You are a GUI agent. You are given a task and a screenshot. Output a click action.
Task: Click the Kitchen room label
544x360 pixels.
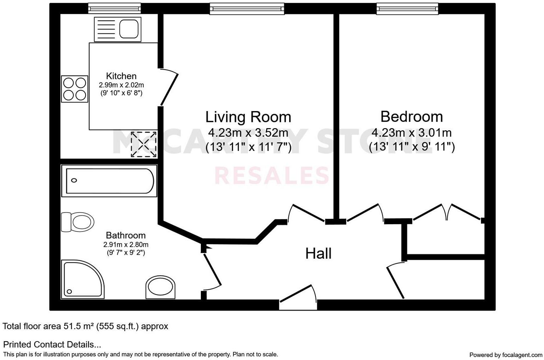pyautogui.click(x=121, y=76)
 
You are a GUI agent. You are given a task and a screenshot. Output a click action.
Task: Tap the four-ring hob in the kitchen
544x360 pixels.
pyautogui.click(x=75, y=89)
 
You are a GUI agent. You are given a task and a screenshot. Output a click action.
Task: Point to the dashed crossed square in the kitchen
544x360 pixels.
pyautogui.click(x=144, y=144)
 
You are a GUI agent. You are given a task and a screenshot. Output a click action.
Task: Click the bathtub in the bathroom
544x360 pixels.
pyautogui.click(x=109, y=181)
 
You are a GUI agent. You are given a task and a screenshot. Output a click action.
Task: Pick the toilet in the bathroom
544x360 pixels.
pyautogui.click(x=78, y=222)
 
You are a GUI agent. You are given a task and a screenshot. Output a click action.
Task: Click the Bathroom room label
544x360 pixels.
pyautogui.click(x=125, y=236)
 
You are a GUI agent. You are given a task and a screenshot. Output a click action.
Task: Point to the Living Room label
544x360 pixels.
pyautogui.click(x=248, y=117)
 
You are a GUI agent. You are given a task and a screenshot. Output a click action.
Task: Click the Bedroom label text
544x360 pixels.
pyautogui.click(x=412, y=117)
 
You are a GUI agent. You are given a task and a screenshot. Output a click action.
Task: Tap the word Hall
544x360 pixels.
pyautogui.click(x=318, y=254)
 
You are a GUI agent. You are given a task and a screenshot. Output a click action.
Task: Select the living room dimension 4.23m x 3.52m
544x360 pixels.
pyautogui.click(x=248, y=133)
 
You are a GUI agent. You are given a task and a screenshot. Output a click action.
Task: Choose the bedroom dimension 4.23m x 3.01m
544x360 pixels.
pyautogui.click(x=412, y=133)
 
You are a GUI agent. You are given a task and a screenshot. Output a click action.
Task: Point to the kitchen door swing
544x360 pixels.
pyautogui.click(x=169, y=87)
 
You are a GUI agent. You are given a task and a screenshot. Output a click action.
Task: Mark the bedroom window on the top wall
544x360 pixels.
pyautogui.click(x=407, y=9)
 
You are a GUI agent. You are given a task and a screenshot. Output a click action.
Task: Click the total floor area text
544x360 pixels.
pyautogui.click(x=86, y=326)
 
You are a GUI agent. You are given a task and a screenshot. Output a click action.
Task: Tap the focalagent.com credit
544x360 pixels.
pyautogui.click(x=506, y=355)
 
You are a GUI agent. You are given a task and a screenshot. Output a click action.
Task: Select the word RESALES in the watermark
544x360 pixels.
pyautogui.click(x=272, y=176)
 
